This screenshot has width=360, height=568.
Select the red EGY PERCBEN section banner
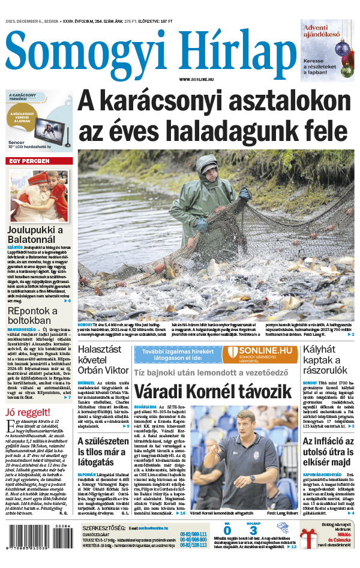[x=38, y=161]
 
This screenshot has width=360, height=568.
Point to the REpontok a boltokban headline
[x=32, y=315]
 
